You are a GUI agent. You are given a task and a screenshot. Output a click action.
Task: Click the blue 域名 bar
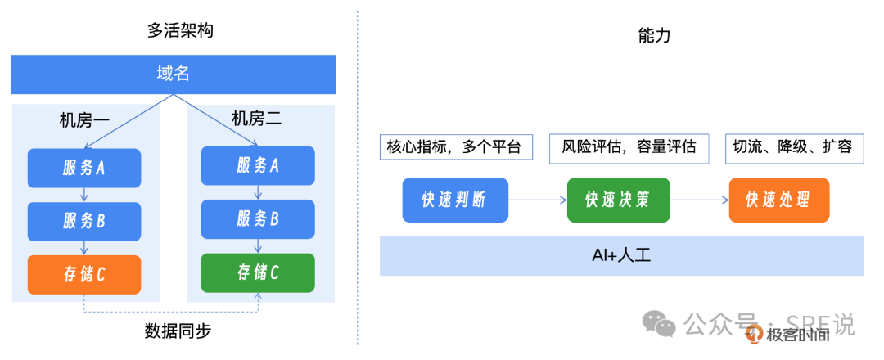[x=173, y=74]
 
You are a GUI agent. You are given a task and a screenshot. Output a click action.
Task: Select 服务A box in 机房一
[x=84, y=168]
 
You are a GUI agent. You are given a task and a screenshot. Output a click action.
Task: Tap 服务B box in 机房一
[x=84, y=221]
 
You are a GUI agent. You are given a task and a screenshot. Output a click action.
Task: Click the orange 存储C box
[x=84, y=275]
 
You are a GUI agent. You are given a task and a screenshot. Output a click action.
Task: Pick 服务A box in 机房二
[x=258, y=166]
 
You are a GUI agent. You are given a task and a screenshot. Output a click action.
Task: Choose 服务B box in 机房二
[x=258, y=219]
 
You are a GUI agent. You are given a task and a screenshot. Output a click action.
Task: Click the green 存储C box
[x=258, y=272]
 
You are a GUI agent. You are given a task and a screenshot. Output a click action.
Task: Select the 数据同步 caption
[x=178, y=331]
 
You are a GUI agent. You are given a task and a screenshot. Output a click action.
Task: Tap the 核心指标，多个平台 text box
[x=456, y=147]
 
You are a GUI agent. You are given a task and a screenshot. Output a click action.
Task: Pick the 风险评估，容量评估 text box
[x=629, y=147]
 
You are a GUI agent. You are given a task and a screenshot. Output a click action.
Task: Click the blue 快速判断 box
[x=455, y=200]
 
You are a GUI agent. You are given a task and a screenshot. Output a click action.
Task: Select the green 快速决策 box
[x=618, y=200]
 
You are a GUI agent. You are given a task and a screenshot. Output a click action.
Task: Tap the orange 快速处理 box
[x=778, y=200]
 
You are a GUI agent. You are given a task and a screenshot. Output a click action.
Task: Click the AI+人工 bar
[x=621, y=255]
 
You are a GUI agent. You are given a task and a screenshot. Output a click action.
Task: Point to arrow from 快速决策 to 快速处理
[x=699, y=200]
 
